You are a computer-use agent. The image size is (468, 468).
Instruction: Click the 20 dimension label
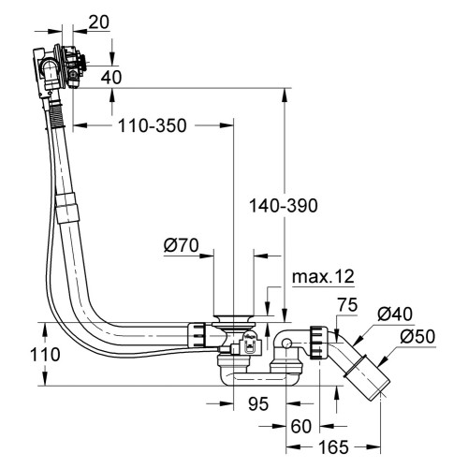tap(99, 22)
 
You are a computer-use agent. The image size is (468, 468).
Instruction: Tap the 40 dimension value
tap(111, 78)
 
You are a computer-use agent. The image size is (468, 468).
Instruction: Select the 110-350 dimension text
tap(152, 125)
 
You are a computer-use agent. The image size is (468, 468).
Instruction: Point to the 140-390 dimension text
tap(284, 206)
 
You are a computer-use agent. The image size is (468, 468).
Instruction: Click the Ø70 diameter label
tap(181, 245)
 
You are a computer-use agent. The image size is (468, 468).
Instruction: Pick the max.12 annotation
tap(323, 276)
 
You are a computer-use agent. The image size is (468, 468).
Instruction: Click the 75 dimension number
tap(347, 305)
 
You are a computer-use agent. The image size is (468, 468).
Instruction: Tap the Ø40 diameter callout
tap(395, 314)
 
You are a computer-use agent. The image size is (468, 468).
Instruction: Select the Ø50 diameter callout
tap(417, 337)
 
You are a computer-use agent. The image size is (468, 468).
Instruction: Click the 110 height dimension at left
tap(45, 355)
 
